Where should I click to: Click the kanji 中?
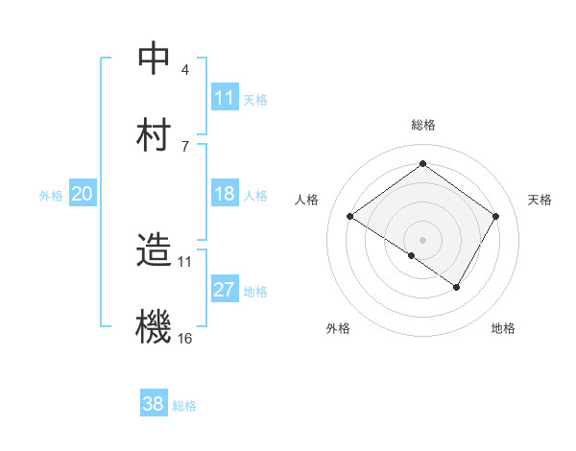[x=154, y=59]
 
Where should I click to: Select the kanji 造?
[x=154, y=251]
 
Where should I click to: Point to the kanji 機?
[x=154, y=326]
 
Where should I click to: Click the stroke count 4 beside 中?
[x=185, y=70]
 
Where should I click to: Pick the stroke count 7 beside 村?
[x=185, y=146]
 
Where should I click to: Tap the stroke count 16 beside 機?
[x=185, y=338]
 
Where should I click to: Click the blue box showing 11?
[x=225, y=98]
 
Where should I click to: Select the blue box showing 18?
[x=225, y=194]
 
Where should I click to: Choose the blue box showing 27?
[x=225, y=290]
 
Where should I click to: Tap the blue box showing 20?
[x=83, y=194]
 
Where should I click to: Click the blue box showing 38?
[x=154, y=404]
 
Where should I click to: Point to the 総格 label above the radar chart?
[x=423, y=125]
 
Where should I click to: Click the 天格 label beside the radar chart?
[x=540, y=200]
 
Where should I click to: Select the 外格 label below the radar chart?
[x=338, y=329]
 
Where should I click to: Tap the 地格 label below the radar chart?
[x=503, y=329]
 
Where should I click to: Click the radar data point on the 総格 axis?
[x=422, y=164]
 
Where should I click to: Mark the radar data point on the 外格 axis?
[x=412, y=256]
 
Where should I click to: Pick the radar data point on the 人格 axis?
[x=350, y=217]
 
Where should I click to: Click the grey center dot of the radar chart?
[x=422, y=239]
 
